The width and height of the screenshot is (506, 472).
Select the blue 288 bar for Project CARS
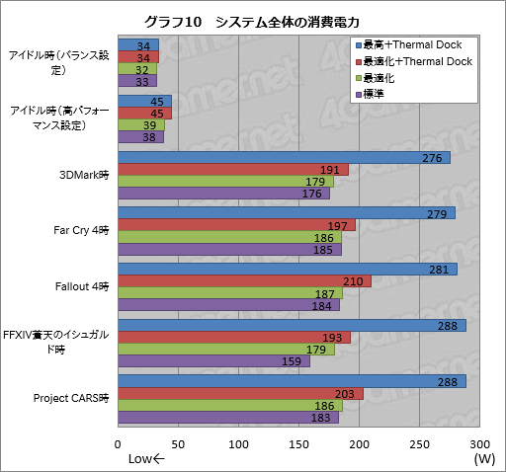tap(292, 382)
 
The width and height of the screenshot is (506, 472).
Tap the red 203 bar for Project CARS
tap(240, 394)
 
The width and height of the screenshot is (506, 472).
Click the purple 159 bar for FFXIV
tap(213, 361)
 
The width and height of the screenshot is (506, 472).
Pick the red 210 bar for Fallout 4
tap(244, 281)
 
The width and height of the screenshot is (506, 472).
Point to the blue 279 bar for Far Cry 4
tap(286, 213)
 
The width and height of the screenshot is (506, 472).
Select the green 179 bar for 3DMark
tap(225, 182)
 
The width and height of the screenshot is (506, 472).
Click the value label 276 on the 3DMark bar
tap(432, 158)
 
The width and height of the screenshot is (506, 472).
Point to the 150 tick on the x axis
tap(298, 443)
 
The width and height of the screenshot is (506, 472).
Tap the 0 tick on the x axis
tap(118, 443)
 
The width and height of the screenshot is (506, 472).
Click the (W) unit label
tap(483, 458)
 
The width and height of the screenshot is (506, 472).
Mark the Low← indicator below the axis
tap(147, 458)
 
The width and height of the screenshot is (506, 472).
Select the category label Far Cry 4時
tap(83, 231)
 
